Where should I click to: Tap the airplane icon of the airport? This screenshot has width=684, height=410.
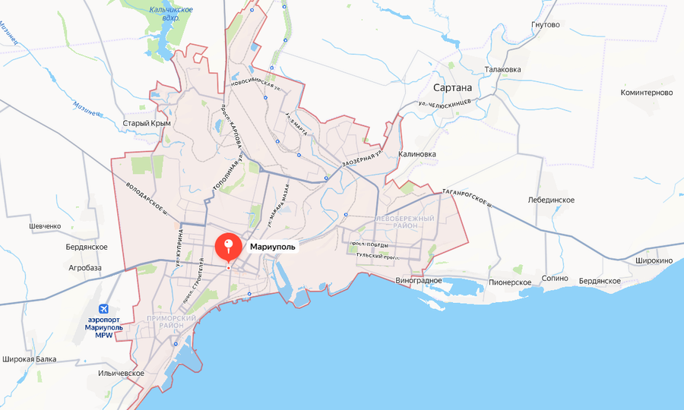pyautogui.click(x=104, y=309)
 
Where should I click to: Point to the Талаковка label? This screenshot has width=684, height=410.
pyautogui.click(x=502, y=70)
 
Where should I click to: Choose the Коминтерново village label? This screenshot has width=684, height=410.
pyautogui.click(x=647, y=93)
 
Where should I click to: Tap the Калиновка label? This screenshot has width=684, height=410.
pyautogui.click(x=417, y=154)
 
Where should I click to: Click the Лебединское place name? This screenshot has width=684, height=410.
pyautogui.click(x=551, y=200)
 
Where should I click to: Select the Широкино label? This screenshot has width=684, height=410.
pyautogui.click(x=652, y=261)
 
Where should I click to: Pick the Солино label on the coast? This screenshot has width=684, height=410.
pyautogui.click(x=555, y=279)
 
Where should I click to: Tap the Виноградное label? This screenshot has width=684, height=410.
pyautogui.click(x=419, y=280)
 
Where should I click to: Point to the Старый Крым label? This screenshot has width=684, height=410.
pyautogui.click(x=147, y=123)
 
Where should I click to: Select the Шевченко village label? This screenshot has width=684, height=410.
pyautogui.click(x=44, y=226)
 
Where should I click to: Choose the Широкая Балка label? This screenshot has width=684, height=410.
pyautogui.click(x=29, y=358)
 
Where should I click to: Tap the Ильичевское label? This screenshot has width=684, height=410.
pyautogui.click(x=121, y=374)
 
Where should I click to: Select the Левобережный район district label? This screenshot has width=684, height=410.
pyautogui.click(x=405, y=222)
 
